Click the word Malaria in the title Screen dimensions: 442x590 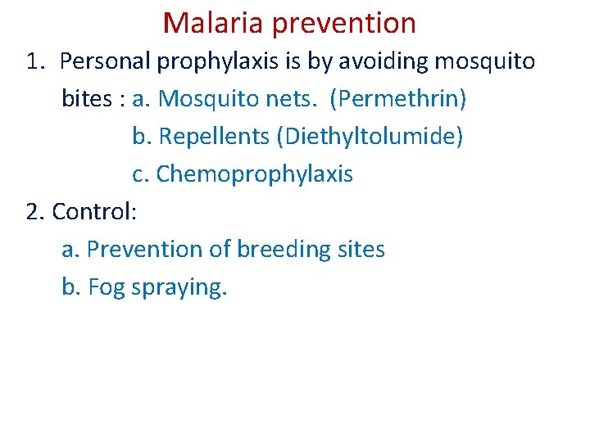214,23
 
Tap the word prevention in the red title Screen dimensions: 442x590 344,24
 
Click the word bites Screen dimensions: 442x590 88,99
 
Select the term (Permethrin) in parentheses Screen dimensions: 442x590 398,99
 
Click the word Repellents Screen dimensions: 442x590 215,137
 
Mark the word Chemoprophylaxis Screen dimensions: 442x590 254,174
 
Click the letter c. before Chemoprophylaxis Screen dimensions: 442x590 141,174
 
